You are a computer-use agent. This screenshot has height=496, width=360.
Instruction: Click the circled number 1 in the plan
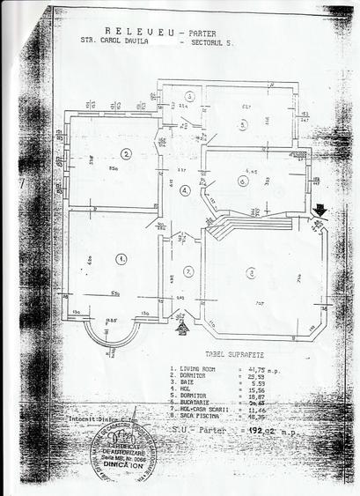point(120,258)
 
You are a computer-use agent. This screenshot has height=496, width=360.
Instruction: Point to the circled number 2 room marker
point(127,153)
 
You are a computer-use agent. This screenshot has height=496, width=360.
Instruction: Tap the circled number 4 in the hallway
point(184,190)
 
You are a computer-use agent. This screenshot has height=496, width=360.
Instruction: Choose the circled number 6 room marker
point(242,181)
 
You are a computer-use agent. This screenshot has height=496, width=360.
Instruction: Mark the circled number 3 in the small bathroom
point(188,97)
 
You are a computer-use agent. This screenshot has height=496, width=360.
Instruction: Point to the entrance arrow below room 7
point(182,327)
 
